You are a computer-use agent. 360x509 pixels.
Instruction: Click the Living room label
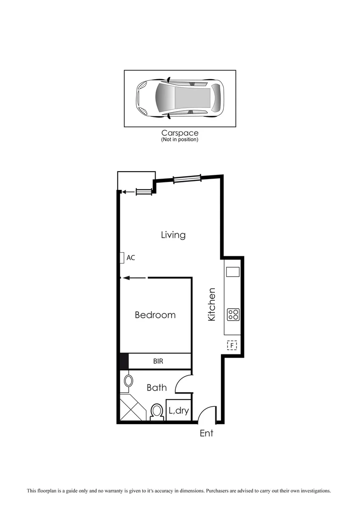click(x=173, y=235)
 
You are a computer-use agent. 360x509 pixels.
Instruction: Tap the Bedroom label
click(x=155, y=315)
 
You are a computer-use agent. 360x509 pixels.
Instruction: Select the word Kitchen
click(x=212, y=304)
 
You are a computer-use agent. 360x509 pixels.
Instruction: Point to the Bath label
click(x=156, y=387)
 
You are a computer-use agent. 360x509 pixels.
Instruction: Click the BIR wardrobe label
click(x=159, y=361)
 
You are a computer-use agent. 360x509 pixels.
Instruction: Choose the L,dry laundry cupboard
click(x=179, y=410)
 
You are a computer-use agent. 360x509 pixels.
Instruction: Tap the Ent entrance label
click(x=206, y=433)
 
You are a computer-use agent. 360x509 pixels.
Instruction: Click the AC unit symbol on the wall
click(x=122, y=257)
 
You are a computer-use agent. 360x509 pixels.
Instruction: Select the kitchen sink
click(x=233, y=272)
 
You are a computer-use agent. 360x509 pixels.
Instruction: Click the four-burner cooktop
click(x=233, y=314)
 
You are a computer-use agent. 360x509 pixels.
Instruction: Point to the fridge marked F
click(x=232, y=346)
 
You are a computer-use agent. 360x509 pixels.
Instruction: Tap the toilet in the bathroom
click(x=156, y=412)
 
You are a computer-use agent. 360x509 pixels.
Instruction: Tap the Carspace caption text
click(x=180, y=133)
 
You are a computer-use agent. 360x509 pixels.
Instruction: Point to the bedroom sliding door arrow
click(x=134, y=278)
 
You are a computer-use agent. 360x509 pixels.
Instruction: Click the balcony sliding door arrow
click(x=127, y=192)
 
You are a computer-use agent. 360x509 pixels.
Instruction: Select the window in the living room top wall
click(x=187, y=178)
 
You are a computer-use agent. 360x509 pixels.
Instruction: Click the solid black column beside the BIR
click(x=124, y=361)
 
